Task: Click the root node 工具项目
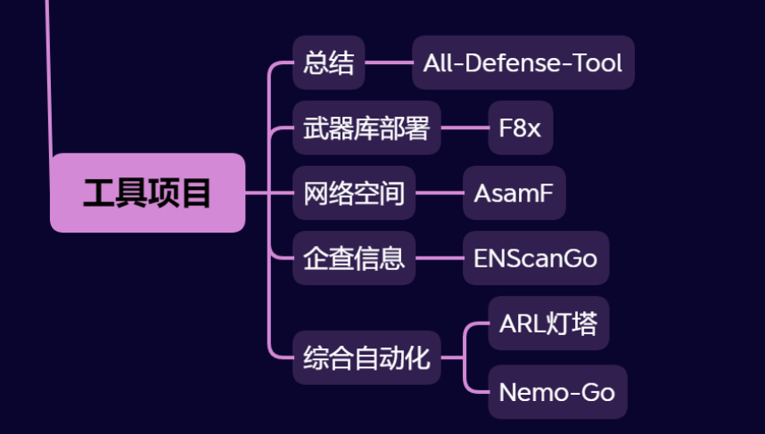(x=147, y=192)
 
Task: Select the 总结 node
(x=328, y=63)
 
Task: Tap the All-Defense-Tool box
(x=522, y=63)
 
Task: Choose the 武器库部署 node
(x=366, y=128)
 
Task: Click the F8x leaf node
(x=520, y=128)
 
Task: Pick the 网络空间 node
(x=354, y=192)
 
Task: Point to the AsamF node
(x=514, y=192)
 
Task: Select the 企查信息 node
(x=354, y=258)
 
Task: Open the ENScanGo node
(x=535, y=258)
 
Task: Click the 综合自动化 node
(x=366, y=358)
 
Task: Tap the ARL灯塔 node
(x=547, y=323)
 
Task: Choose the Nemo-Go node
(x=557, y=392)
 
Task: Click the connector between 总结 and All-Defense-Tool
(x=388, y=63)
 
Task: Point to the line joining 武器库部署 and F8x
(x=465, y=128)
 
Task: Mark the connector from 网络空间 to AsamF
(x=439, y=192)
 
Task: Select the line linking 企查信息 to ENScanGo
(x=439, y=258)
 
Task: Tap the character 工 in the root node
(x=99, y=192)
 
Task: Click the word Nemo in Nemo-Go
(x=529, y=392)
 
